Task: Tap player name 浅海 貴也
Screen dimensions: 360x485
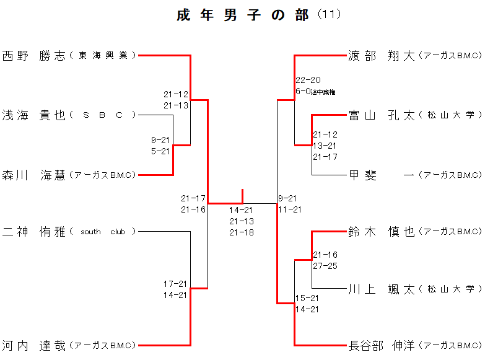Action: (x=33, y=115)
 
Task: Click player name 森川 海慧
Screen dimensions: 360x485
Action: (x=33, y=175)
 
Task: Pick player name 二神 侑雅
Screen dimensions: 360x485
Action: (x=33, y=232)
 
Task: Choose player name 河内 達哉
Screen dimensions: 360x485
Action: (x=33, y=346)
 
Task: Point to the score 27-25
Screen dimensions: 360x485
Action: (x=325, y=266)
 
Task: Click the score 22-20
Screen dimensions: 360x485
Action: (x=308, y=80)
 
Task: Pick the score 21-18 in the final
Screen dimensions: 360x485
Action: (x=242, y=232)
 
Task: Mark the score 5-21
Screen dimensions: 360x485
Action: (x=160, y=151)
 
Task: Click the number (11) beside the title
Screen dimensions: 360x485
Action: (x=329, y=14)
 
